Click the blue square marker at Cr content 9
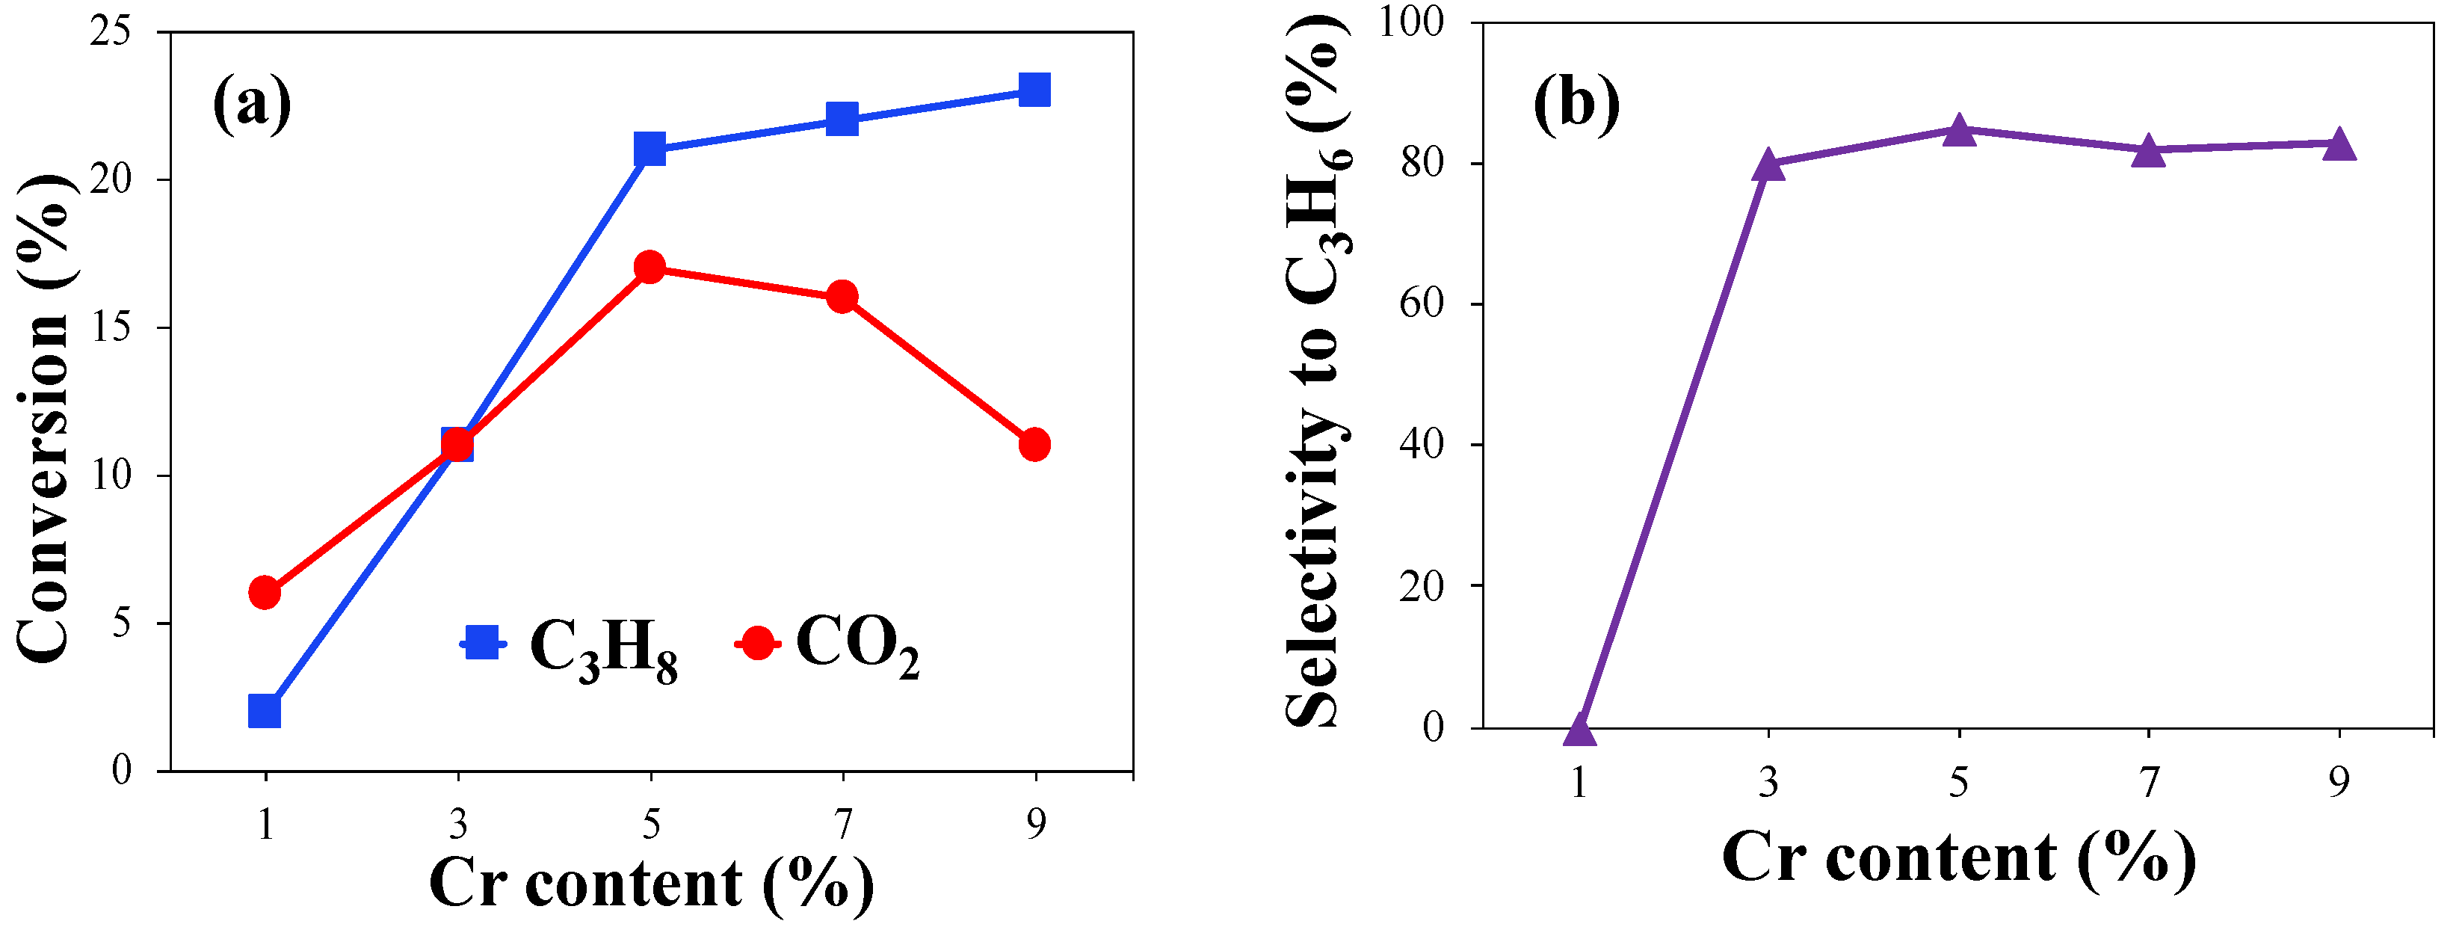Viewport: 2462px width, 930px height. tap(1034, 90)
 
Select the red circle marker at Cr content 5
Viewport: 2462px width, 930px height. tap(650, 268)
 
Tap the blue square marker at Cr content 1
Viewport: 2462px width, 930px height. tap(265, 711)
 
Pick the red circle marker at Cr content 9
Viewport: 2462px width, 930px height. tap(1034, 445)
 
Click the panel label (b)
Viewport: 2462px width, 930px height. tap(1576, 103)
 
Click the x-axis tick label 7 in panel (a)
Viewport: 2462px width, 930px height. tap(842, 823)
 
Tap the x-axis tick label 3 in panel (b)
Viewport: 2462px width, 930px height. tap(1769, 783)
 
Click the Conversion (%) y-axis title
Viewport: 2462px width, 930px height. tap(45, 418)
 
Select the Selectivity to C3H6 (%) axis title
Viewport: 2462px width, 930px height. tap(1316, 373)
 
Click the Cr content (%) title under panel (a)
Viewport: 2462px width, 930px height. tap(651, 883)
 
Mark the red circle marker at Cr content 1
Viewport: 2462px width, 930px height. tap(265, 593)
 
